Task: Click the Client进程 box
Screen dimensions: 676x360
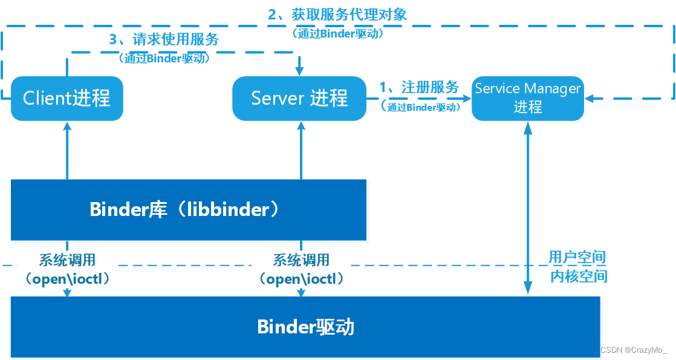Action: coord(67,99)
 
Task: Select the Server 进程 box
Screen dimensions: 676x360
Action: coord(299,99)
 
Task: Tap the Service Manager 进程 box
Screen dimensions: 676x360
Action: coord(528,99)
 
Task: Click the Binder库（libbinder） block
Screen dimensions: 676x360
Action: coord(189,210)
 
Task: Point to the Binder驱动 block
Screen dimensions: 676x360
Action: coord(305,327)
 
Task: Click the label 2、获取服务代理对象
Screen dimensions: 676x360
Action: coord(337,15)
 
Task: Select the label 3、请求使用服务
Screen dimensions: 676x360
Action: coord(164,39)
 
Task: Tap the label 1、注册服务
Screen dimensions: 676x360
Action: coord(419,87)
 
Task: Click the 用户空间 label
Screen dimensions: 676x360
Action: coord(577,257)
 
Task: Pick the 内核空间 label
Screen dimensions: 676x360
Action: coord(579,277)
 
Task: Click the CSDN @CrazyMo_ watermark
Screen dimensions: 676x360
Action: coord(634,350)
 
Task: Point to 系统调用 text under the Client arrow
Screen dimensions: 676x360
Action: coord(67,260)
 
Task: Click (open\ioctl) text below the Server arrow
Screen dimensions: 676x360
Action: coord(301,279)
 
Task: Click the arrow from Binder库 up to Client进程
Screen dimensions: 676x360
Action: coord(67,151)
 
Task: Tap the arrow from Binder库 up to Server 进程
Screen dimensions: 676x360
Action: coord(301,151)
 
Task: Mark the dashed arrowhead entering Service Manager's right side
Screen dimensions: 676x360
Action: coord(590,99)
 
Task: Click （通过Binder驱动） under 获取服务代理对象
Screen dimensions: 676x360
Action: coord(337,33)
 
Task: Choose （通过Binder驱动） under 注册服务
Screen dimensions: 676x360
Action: coord(420,107)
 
